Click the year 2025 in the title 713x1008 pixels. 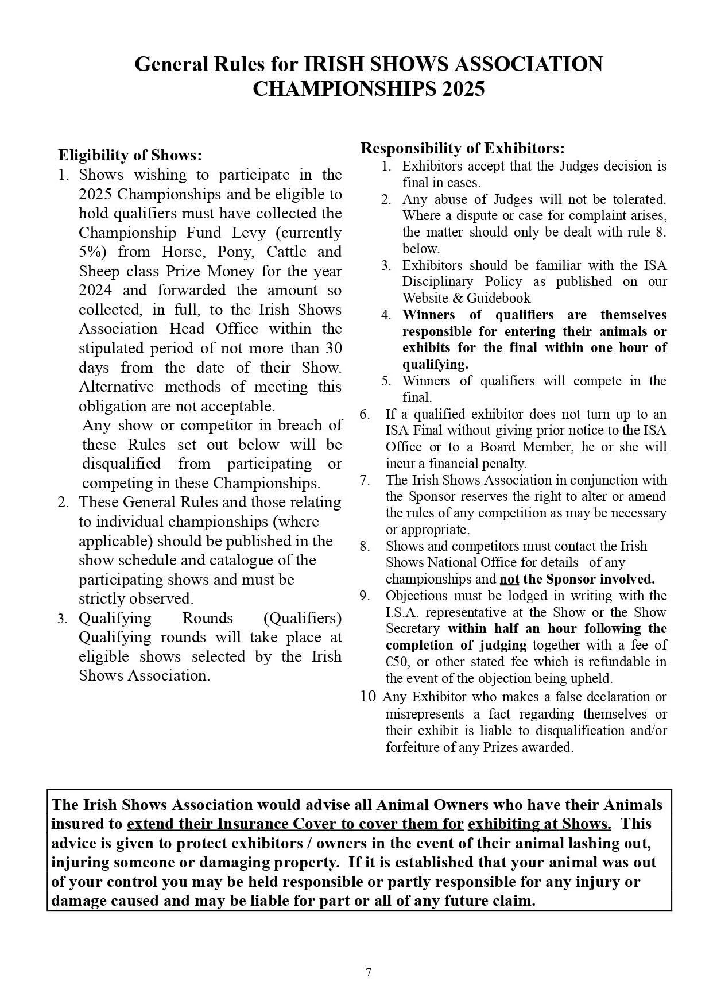(x=463, y=89)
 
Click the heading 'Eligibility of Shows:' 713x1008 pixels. (x=130, y=155)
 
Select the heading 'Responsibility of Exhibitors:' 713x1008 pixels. (x=463, y=148)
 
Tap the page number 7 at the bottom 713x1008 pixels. (x=369, y=972)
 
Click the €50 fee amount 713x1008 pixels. (x=397, y=662)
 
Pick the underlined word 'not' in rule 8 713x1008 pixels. (x=509, y=579)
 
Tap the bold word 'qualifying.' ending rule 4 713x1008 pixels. (x=435, y=365)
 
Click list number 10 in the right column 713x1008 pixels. (x=368, y=697)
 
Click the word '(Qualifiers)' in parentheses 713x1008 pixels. (x=303, y=618)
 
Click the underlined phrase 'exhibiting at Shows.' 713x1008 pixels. (x=539, y=824)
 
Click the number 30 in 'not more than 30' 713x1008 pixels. (x=334, y=348)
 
